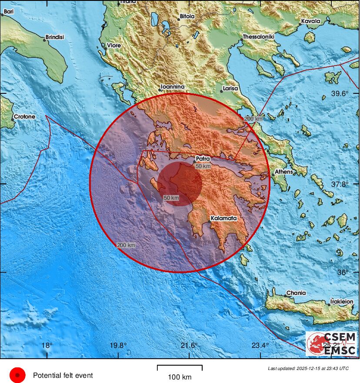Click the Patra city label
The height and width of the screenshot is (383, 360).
coord(203,159)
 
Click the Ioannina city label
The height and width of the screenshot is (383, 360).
coord(173,87)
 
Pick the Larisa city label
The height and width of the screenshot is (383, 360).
coord(230,89)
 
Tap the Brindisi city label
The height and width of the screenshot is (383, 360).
coord(54,37)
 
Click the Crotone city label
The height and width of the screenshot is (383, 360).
coord(24,117)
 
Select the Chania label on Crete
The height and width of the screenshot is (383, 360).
coord(296,293)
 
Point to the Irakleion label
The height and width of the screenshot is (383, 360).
coord(341,301)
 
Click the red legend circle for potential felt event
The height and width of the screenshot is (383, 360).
coord(17,375)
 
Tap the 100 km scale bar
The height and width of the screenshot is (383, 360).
coord(180,369)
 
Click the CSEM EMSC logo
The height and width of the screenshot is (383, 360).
coord(331,343)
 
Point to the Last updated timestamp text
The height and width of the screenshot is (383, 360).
coord(308,368)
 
